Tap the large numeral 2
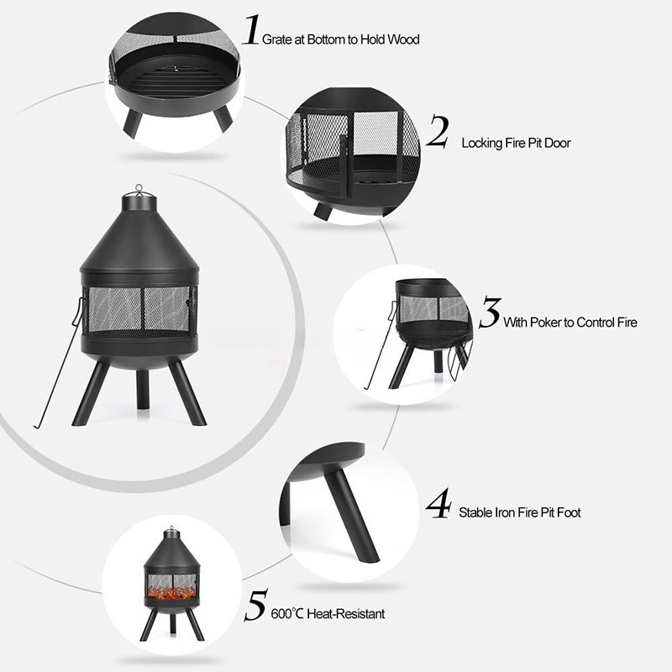point(437,133)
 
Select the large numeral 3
point(489,312)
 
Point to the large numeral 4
point(438,503)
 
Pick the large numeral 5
point(255,606)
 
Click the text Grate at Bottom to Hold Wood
point(343,39)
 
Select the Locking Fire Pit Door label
point(516,144)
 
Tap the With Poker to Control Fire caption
point(570,323)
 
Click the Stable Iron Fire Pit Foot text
point(519,512)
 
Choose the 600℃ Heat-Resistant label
point(328,614)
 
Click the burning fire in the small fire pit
point(172,594)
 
